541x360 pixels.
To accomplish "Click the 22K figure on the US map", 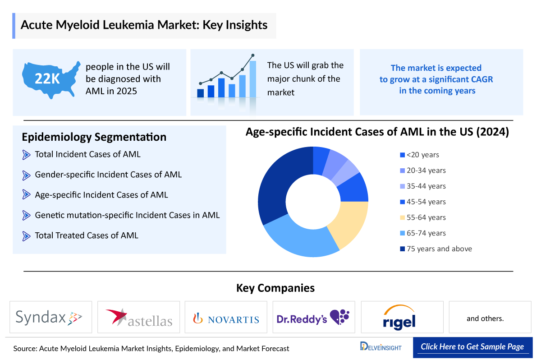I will [x=47, y=79].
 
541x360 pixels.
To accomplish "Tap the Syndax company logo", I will [x=50, y=318].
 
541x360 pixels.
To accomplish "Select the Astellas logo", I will [x=138, y=318].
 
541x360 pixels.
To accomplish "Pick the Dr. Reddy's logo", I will [x=313, y=318].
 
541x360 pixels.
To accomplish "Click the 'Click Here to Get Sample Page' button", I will [x=472, y=346].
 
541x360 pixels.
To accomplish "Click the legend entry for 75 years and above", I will [x=436, y=249].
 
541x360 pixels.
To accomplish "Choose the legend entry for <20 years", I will [x=419, y=155].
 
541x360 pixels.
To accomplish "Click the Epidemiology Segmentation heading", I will [x=94, y=137].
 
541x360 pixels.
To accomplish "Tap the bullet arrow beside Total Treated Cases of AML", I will [x=26, y=235].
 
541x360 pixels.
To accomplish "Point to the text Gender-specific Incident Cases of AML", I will [x=108, y=174].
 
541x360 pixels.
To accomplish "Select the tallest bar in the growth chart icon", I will [x=253, y=79].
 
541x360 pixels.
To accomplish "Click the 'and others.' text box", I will [x=485, y=318].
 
